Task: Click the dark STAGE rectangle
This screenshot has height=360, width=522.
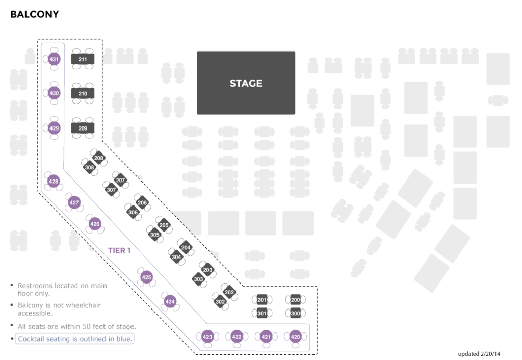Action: (x=246, y=83)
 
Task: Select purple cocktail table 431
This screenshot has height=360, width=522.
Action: (x=54, y=59)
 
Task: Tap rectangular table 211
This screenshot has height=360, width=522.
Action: (x=83, y=59)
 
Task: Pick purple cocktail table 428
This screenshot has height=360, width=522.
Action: (x=53, y=181)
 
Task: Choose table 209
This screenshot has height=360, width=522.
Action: (x=83, y=128)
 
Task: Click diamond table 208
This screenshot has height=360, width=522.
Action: (x=98, y=158)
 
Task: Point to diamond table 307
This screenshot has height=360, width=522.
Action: (x=111, y=190)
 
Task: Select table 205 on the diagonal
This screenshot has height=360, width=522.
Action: (x=164, y=225)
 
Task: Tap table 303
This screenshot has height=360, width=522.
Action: (x=198, y=279)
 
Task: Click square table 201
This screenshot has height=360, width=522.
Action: (x=262, y=300)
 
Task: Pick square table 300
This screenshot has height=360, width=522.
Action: (x=295, y=313)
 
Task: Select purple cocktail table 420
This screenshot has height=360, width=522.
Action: (x=295, y=337)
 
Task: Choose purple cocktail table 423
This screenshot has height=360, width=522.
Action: (x=207, y=337)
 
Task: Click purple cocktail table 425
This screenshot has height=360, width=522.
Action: (x=146, y=277)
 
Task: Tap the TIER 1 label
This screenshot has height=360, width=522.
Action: (x=119, y=250)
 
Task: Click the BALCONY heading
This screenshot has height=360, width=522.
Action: (x=35, y=14)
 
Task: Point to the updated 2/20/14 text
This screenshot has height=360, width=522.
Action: (x=479, y=354)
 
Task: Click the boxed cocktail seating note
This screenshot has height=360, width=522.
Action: (x=75, y=339)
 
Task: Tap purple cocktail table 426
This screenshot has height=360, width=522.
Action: (x=95, y=224)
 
